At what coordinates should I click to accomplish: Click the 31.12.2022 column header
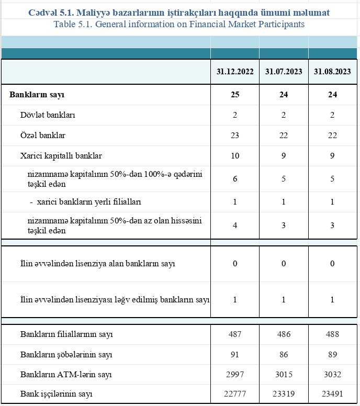coord(235,72)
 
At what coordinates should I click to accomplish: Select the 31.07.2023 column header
coord(284,72)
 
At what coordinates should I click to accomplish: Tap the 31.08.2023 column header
coord(332,72)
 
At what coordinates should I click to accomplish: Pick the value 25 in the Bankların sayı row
coord(235,95)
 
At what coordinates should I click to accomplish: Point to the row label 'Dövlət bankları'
coord(48,115)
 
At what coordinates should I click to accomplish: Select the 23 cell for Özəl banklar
coord(235,136)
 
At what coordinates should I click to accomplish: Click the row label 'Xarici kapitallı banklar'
coord(61,156)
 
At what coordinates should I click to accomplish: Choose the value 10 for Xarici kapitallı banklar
coord(235,156)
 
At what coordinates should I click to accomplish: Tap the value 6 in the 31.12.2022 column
coord(235,179)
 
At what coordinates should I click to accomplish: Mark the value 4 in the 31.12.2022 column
coord(235,225)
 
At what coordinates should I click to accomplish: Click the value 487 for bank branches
coord(235,334)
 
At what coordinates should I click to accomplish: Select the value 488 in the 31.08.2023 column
coord(332,334)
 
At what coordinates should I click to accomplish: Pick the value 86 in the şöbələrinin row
coord(284,355)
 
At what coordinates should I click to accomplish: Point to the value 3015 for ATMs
coord(284,375)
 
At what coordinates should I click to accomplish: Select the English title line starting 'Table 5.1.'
coord(179,24)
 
